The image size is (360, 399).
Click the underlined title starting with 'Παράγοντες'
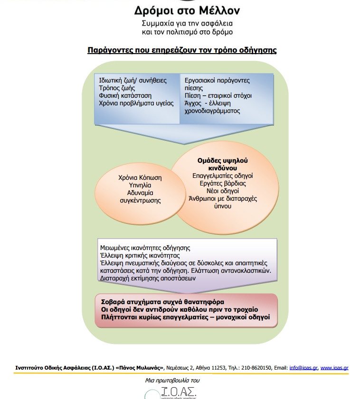(182, 50)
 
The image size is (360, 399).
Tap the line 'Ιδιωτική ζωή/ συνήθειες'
(133, 80)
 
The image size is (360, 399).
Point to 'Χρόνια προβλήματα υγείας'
(136, 103)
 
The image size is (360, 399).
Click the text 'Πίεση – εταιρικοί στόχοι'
(218, 95)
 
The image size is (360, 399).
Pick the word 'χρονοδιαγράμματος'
(212, 111)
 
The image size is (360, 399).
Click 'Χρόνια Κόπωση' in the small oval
(140, 177)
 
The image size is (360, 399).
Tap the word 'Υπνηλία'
(140, 185)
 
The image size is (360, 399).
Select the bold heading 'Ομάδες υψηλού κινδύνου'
(222, 164)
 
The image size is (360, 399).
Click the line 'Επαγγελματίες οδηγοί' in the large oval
(222, 176)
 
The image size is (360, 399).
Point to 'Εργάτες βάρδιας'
(222, 183)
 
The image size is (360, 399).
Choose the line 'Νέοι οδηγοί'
(222, 191)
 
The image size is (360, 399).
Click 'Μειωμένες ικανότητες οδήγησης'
(145, 248)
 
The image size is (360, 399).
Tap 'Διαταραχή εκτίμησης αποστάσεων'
(148, 278)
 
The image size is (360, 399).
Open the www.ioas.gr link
(334, 368)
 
